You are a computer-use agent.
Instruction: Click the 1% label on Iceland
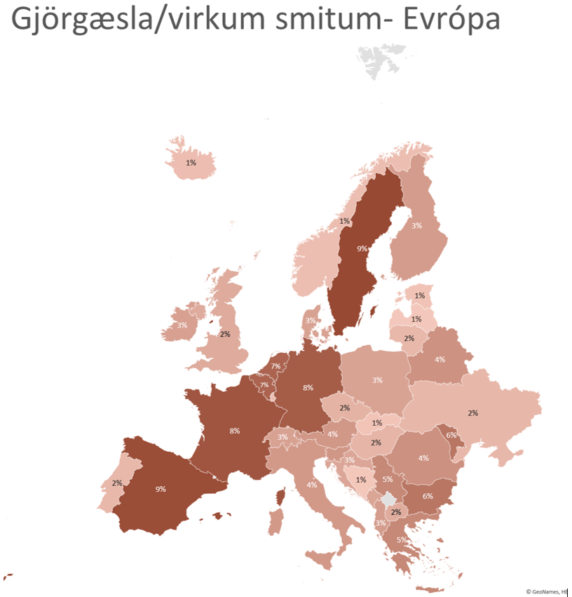(191, 163)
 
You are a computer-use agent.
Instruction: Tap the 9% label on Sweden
(362, 248)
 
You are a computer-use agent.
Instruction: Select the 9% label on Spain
(161, 488)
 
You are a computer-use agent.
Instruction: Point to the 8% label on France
(234, 431)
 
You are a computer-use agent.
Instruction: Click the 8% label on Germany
(308, 387)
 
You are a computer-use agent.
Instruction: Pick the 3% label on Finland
(416, 226)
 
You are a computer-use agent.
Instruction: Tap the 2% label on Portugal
(116, 483)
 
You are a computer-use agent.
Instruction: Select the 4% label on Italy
(311, 485)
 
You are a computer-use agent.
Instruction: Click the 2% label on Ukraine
(472, 413)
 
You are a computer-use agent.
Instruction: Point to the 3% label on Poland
(377, 380)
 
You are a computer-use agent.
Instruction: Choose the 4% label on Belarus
(440, 360)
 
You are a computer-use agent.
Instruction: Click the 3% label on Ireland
(182, 326)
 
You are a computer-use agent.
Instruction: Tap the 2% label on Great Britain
(225, 334)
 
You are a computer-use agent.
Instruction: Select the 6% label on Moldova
(451, 435)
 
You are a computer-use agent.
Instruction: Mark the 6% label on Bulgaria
(428, 496)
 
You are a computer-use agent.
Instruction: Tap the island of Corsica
(282, 497)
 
